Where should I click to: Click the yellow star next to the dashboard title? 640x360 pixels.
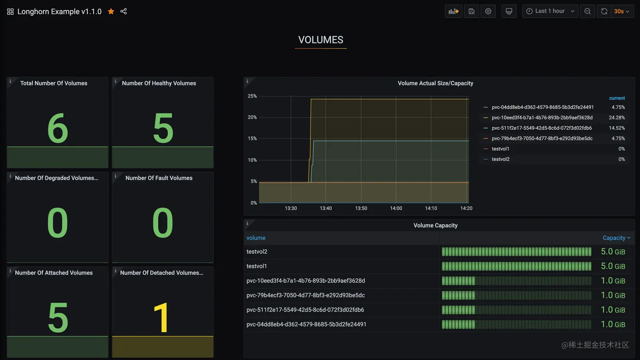(x=111, y=11)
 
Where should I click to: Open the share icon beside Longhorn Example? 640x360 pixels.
(x=124, y=11)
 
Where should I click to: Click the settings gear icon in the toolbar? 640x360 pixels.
(x=488, y=11)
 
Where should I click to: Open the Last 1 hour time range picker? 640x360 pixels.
(x=550, y=11)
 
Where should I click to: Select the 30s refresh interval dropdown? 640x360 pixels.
(x=621, y=11)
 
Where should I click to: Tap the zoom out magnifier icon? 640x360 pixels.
(x=588, y=11)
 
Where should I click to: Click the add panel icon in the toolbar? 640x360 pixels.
(x=453, y=11)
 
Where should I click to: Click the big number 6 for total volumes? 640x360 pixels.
(x=58, y=128)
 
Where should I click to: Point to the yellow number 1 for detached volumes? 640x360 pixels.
(x=162, y=318)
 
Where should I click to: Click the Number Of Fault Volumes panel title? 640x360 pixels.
(x=159, y=178)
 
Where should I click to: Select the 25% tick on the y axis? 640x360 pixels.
(x=252, y=96)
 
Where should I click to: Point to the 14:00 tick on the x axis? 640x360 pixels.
(x=396, y=208)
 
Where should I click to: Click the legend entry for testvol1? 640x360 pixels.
(x=500, y=149)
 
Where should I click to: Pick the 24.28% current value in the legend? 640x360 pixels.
(x=617, y=118)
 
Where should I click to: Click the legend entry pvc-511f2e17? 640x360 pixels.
(x=541, y=128)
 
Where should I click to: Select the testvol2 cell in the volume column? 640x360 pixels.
(x=257, y=252)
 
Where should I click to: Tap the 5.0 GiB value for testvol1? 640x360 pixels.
(x=612, y=266)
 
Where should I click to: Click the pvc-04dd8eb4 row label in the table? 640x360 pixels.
(x=306, y=324)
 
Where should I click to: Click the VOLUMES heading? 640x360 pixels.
(x=320, y=40)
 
